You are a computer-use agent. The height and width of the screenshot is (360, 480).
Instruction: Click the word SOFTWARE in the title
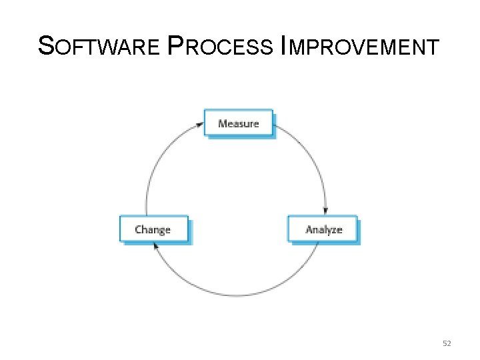click(99, 47)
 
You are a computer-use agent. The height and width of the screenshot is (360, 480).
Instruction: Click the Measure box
click(238, 123)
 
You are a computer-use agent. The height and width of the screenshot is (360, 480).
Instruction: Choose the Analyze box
click(323, 229)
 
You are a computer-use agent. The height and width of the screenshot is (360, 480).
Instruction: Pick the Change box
click(153, 229)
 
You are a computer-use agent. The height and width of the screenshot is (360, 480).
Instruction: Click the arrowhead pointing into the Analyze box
click(325, 211)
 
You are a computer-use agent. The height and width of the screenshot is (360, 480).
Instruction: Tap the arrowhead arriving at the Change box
click(155, 245)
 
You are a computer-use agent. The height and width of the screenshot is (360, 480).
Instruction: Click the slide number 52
click(447, 343)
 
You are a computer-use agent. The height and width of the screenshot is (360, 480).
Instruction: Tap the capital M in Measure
click(223, 123)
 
